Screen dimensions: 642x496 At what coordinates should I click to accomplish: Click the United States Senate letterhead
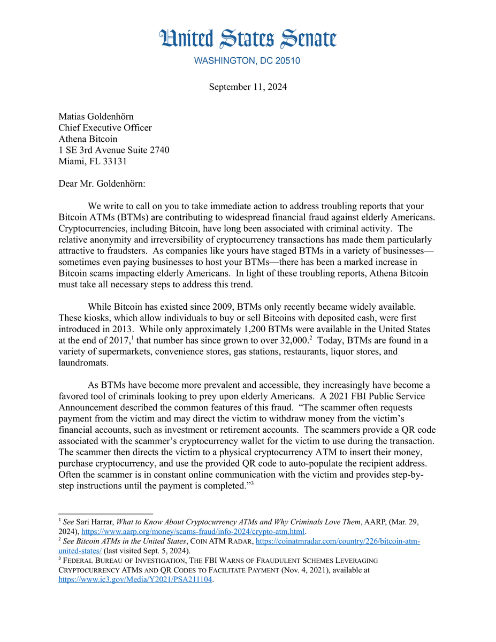(x=248, y=39)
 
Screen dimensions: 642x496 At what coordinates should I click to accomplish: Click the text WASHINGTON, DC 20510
(x=247, y=61)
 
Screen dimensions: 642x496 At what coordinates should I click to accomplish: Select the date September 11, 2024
(x=248, y=87)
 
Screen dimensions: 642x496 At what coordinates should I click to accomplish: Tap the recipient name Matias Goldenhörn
(x=96, y=116)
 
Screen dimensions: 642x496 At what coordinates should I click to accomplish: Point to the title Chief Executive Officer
(x=105, y=128)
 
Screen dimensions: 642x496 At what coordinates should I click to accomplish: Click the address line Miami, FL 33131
(x=93, y=161)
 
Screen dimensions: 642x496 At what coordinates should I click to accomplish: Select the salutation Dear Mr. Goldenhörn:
(x=102, y=184)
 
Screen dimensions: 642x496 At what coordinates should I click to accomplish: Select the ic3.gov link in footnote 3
(x=135, y=579)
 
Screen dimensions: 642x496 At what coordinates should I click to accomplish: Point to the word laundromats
(x=83, y=362)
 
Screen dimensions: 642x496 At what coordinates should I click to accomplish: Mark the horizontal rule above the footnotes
(x=105, y=514)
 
